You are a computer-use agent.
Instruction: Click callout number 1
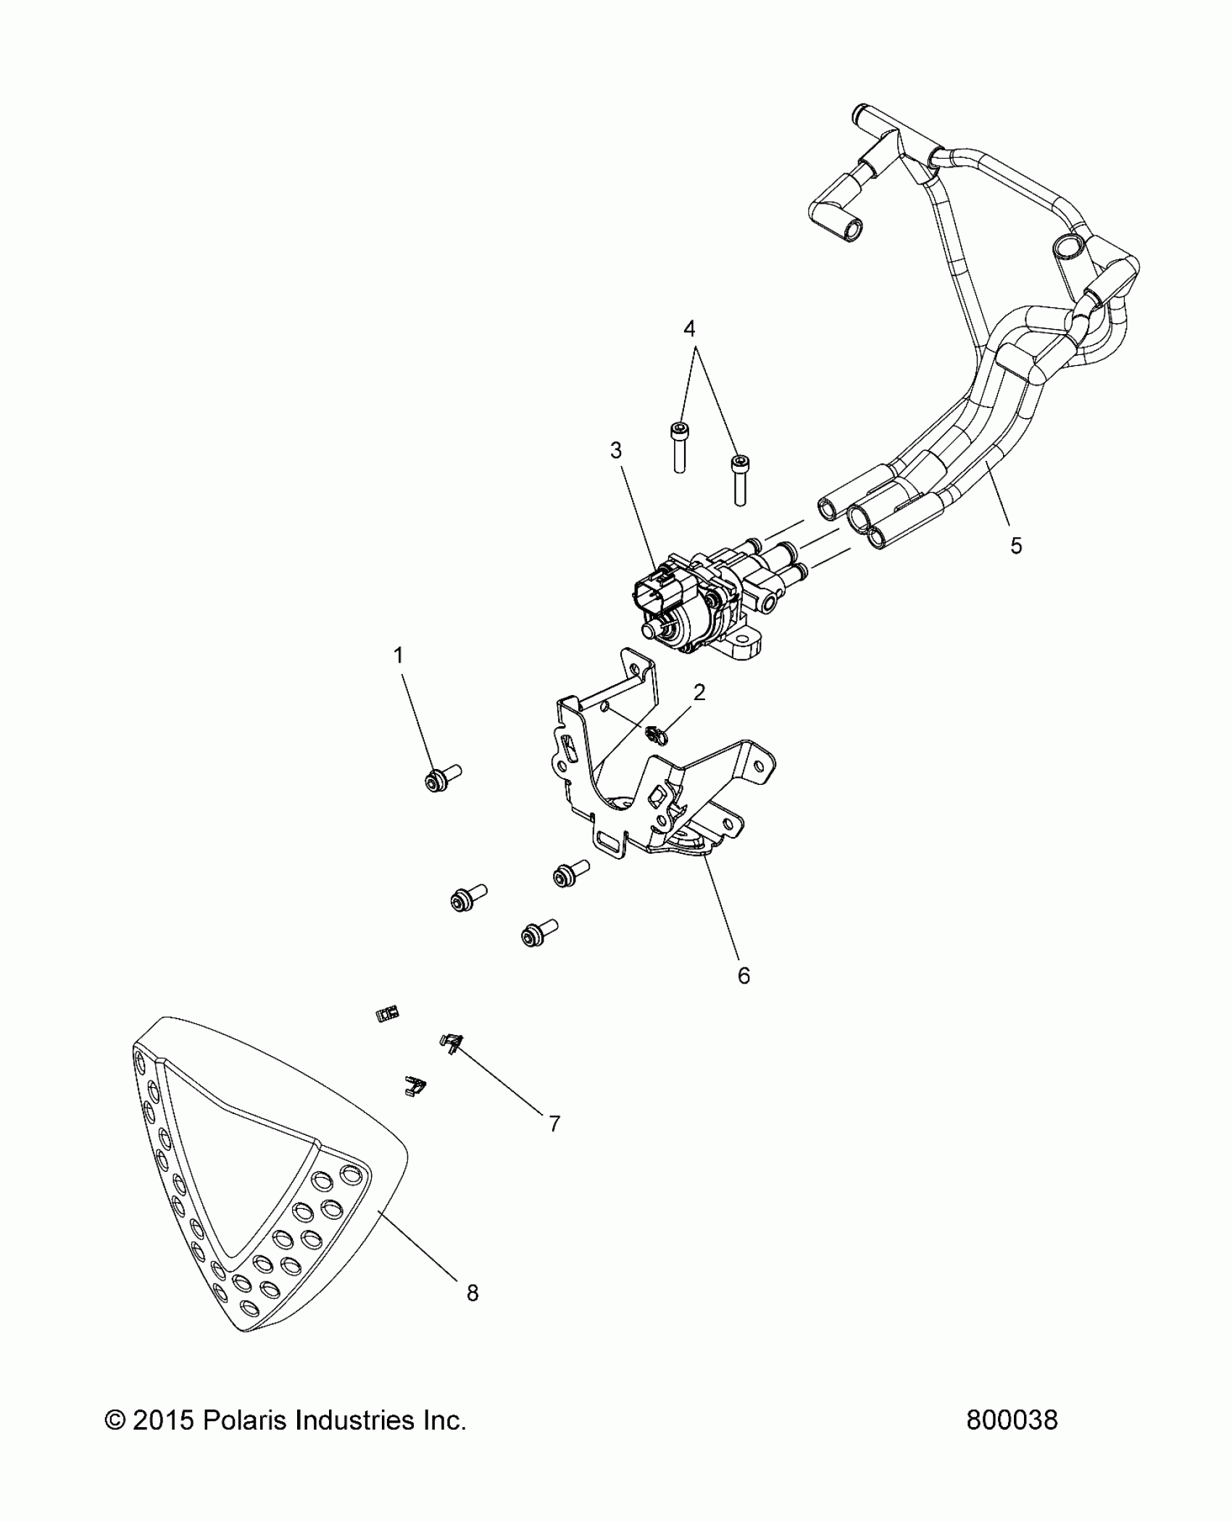point(398,656)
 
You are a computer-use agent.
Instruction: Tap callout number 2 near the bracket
point(699,692)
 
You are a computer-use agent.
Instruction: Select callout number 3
point(616,451)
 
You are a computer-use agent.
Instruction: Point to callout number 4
point(689,329)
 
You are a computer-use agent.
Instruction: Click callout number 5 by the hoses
point(1016,546)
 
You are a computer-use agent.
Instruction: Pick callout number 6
point(744,976)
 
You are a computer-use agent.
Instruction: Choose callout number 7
point(554,1123)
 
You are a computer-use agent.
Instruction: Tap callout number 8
point(473,1292)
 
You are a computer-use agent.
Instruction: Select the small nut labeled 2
point(657,735)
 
